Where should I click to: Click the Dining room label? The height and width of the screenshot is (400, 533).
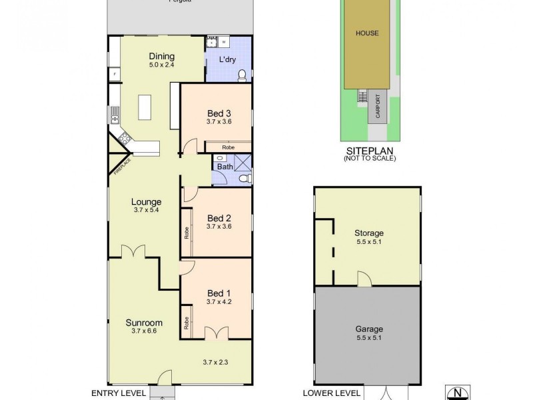click(161, 56)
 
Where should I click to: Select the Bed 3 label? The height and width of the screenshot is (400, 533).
click(219, 113)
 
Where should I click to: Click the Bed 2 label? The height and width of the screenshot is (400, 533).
click(219, 218)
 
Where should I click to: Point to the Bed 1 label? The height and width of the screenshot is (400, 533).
click(219, 293)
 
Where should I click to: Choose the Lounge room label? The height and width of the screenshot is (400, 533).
click(147, 201)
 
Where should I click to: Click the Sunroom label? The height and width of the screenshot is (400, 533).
click(143, 323)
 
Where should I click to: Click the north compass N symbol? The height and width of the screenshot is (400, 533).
click(457, 392)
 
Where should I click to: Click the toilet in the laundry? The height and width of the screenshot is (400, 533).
click(243, 75)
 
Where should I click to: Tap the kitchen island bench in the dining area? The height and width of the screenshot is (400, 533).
click(145, 107)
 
